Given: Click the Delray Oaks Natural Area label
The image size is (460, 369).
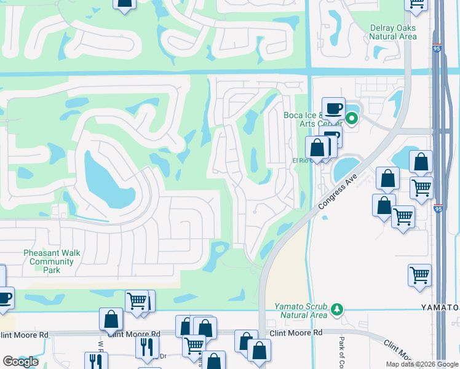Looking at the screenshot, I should click(x=393, y=32).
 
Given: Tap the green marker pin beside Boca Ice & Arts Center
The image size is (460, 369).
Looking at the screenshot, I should click(x=352, y=118).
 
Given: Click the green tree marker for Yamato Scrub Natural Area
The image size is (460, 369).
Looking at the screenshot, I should click(x=336, y=308).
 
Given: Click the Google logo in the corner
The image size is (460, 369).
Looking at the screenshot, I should click(x=20, y=362).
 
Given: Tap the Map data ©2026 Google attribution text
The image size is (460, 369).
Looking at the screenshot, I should click(x=422, y=364).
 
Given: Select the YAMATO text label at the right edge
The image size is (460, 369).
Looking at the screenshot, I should click(x=440, y=307).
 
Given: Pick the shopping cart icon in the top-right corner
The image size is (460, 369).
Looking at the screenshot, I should click(x=416, y=3).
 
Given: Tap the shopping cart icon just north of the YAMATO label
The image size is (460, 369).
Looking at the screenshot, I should click(x=419, y=274).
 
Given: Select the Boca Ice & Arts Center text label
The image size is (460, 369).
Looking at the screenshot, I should click(x=301, y=119).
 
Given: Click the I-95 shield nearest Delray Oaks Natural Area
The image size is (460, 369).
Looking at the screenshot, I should click(x=435, y=47).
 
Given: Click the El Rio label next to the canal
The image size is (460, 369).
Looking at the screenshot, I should click(x=299, y=161).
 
